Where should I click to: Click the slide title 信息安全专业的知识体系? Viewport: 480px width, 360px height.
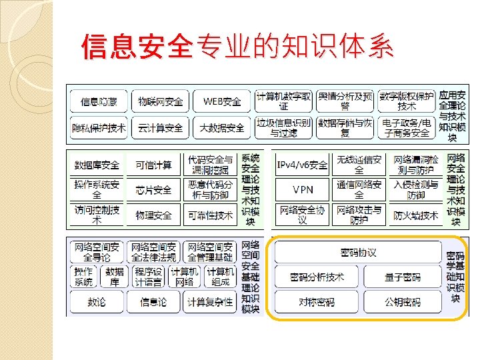[237, 47]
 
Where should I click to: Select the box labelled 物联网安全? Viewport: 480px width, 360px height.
[160, 101]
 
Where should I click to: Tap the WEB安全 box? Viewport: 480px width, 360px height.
[222, 101]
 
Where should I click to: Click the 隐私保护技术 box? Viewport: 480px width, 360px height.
[99, 128]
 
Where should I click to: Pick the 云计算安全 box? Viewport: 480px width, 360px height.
[160, 128]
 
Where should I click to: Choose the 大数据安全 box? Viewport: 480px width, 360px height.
[222, 128]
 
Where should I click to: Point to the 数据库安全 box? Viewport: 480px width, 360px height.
[97, 165]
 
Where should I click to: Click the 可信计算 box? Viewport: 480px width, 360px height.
[153, 165]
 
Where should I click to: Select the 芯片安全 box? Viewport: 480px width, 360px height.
[153, 190]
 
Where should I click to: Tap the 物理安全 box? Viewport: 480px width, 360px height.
[153, 215]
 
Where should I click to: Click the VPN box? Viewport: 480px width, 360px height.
[303, 190]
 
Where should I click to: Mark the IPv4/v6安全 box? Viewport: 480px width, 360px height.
[303, 165]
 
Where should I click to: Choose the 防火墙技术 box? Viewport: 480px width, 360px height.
[416, 215]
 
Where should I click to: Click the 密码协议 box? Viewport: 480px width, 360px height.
[358, 253]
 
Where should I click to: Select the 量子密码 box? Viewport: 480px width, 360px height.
[403, 277]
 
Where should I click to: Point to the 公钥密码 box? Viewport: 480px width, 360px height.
[403, 301]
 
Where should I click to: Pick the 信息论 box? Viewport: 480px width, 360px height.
[153, 301]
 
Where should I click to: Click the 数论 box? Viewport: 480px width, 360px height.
[97, 301]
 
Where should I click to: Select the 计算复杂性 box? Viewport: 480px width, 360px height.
[210, 301]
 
